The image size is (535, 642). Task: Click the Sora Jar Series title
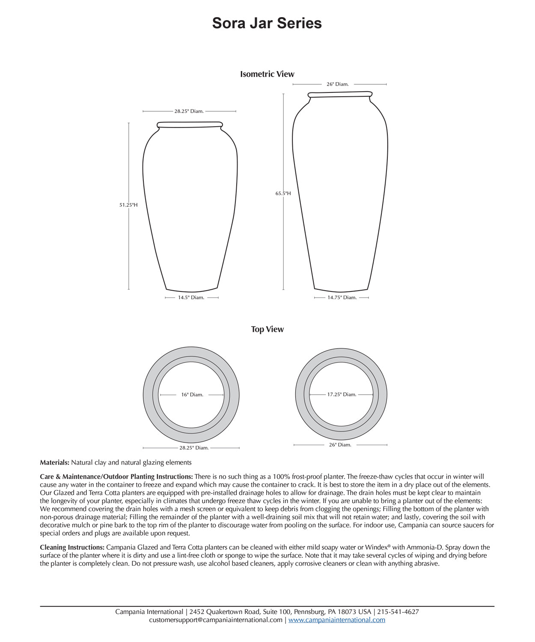(x=267, y=23)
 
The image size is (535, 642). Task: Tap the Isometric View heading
(x=267, y=74)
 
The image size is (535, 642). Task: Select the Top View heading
(x=267, y=329)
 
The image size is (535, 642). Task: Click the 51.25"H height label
(x=128, y=205)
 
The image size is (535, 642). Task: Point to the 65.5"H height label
(x=283, y=193)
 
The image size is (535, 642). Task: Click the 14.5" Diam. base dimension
(x=191, y=297)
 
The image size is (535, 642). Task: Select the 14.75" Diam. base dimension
(x=342, y=297)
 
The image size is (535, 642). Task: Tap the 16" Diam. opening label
(x=192, y=395)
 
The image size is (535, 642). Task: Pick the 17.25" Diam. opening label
(x=342, y=395)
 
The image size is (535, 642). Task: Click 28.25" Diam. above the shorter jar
(x=189, y=111)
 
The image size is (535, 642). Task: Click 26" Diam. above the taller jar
(x=338, y=84)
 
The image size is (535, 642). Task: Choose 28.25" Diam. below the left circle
(x=194, y=448)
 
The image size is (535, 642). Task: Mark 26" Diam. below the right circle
(x=340, y=445)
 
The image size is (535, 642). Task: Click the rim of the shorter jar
(x=190, y=125)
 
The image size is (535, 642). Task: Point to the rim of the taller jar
(x=340, y=94)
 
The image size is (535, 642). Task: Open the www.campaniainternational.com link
(x=337, y=620)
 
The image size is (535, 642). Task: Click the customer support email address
(x=216, y=620)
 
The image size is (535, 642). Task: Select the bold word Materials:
(x=54, y=463)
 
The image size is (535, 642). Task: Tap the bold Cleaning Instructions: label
(x=72, y=547)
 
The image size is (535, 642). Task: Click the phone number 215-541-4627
(x=398, y=612)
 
